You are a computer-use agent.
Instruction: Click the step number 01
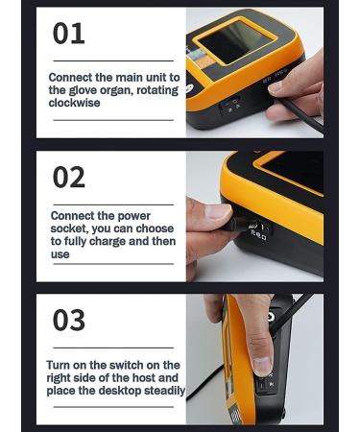pos(68,35)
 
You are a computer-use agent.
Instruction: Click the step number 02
pos(69,178)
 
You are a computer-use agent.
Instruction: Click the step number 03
pos(69,320)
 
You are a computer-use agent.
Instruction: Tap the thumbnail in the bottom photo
pos(261,365)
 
